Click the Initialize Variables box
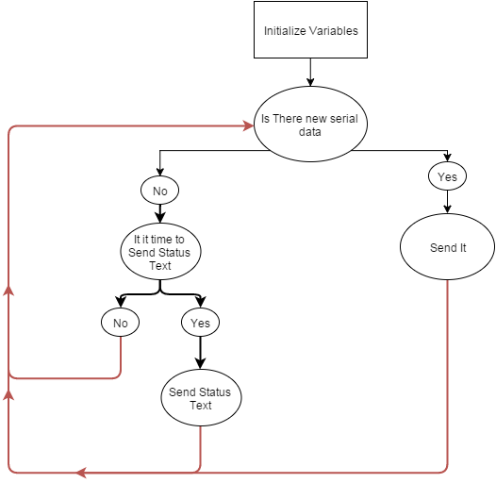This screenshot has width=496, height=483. pyautogui.click(x=310, y=29)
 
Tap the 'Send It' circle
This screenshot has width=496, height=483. pyautogui.click(x=448, y=248)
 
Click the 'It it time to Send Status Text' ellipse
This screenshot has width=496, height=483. pyautogui.click(x=159, y=253)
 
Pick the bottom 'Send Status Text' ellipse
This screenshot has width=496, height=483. pyautogui.click(x=200, y=398)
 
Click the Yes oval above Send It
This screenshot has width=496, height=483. pyautogui.click(x=448, y=176)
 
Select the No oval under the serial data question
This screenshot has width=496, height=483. pyautogui.click(x=159, y=191)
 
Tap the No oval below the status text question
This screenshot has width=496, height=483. pyautogui.click(x=120, y=323)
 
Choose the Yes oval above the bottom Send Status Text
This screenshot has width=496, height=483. pyautogui.click(x=200, y=323)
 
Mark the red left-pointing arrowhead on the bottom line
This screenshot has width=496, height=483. pyautogui.click(x=82, y=471)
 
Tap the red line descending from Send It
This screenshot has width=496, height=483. pyautogui.click(x=448, y=377)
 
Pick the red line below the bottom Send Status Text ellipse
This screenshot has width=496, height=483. pyautogui.click(x=200, y=447)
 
